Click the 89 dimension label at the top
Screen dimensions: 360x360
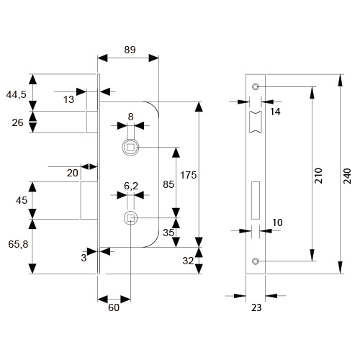[x=130, y=50]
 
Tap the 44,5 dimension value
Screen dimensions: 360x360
[x=17, y=95]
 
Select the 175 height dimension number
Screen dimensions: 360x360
[x=189, y=175]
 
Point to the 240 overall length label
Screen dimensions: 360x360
[x=347, y=176]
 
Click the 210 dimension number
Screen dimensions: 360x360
[x=318, y=176]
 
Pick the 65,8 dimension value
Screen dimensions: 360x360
[x=18, y=244]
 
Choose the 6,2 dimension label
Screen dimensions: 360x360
[x=131, y=186]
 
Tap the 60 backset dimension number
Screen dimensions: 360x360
[x=114, y=307]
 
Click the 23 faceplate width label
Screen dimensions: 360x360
[x=256, y=307]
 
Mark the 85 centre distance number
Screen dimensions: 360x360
[x=168, y=184]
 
